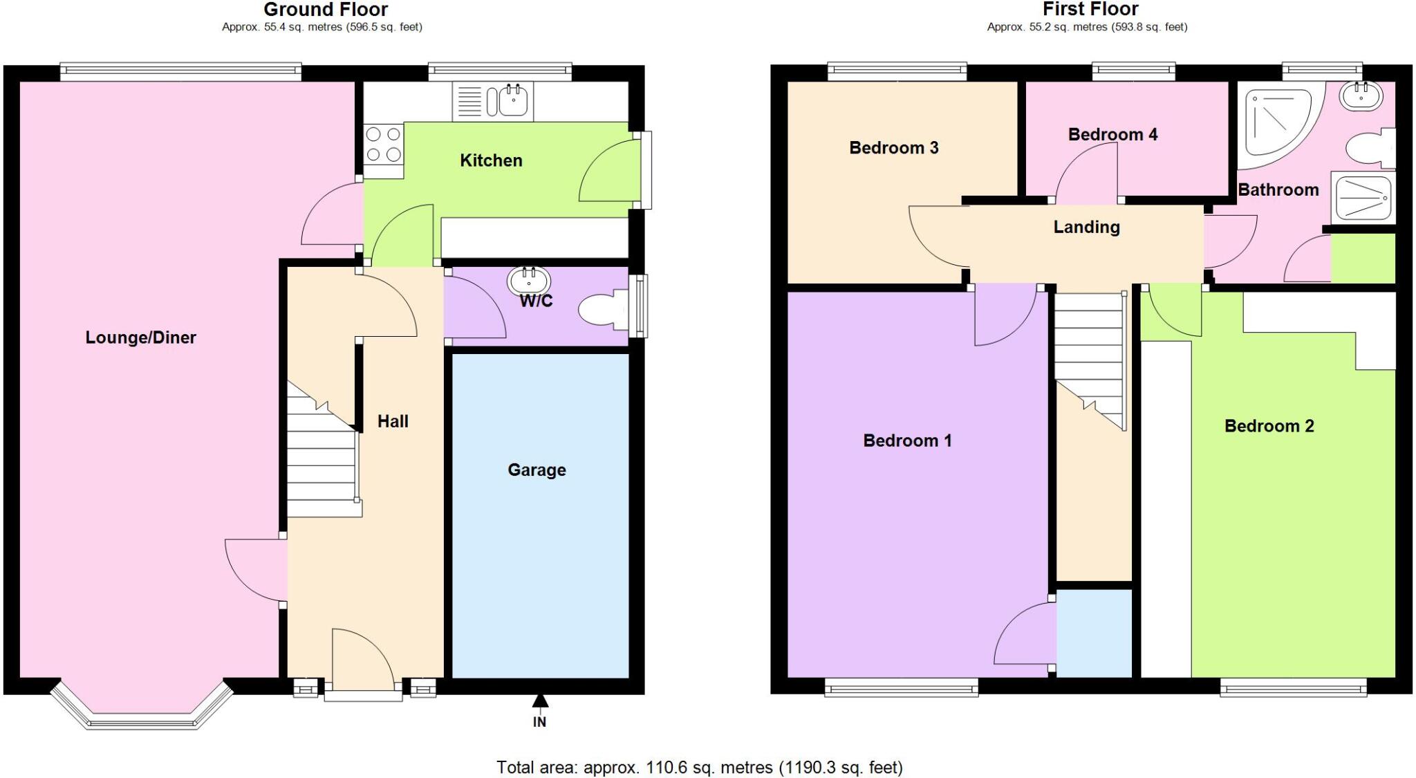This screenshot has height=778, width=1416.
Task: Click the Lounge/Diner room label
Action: (140, 337)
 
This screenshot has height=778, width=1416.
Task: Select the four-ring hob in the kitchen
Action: (383, 144)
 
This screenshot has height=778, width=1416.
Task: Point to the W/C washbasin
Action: (529, 281)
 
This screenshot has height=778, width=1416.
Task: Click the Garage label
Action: (537, 470)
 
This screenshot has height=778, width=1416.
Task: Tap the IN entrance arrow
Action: (540, 701)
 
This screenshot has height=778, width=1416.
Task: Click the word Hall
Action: (393, 422)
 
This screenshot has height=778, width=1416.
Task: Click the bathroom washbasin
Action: (1361, 97)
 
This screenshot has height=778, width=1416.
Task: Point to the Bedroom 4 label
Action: (1112, 135)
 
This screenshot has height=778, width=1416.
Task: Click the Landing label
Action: (1086, 227)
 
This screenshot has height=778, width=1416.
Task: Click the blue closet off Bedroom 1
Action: (1094, 633)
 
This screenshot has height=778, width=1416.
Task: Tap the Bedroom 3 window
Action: (897, 69)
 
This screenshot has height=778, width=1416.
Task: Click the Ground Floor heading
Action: (326, 10)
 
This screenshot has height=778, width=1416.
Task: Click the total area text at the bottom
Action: (699, 767)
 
